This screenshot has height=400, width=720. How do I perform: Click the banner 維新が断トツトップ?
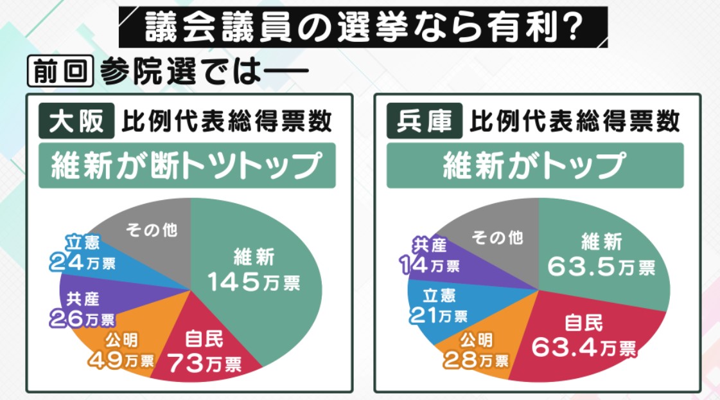pos(187,165)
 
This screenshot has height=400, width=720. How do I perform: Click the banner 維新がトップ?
pos(534,165)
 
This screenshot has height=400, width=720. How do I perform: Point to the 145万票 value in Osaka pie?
pos(254,281)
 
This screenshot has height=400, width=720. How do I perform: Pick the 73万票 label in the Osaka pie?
pos(204,364)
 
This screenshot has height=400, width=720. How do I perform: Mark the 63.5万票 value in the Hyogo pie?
pos(601,266)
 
